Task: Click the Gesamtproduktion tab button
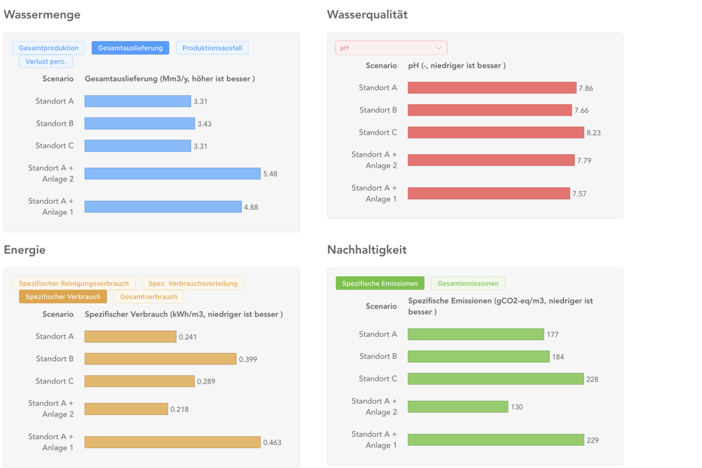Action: [x=49, y=48]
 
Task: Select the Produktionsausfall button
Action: [x=212, y=48]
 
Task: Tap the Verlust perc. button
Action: [x=46, y=61]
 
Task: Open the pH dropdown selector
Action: [x=391, y=48]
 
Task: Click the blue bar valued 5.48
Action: [x=172, y=174]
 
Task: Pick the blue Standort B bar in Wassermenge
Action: [x=140, y=124]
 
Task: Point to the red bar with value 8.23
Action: [x=495, y=132]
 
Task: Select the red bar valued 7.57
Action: [x=488, y=193]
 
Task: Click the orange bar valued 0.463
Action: [x=172, y=442]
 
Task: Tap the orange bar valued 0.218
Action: [x=126, y=409]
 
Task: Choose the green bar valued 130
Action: [x=457, y=407]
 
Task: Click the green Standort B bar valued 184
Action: [x=478, y=357]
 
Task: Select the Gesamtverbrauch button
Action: [x=149, y=297]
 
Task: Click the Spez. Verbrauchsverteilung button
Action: [x=193, y=284]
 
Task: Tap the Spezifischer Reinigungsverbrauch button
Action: [x=74, y=284]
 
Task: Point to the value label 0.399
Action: [x=248, y=359]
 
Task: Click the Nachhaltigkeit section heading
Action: [x=367, y=250]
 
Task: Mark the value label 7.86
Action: [x=586, y=89]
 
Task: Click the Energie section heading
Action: [x=24, y=250]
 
